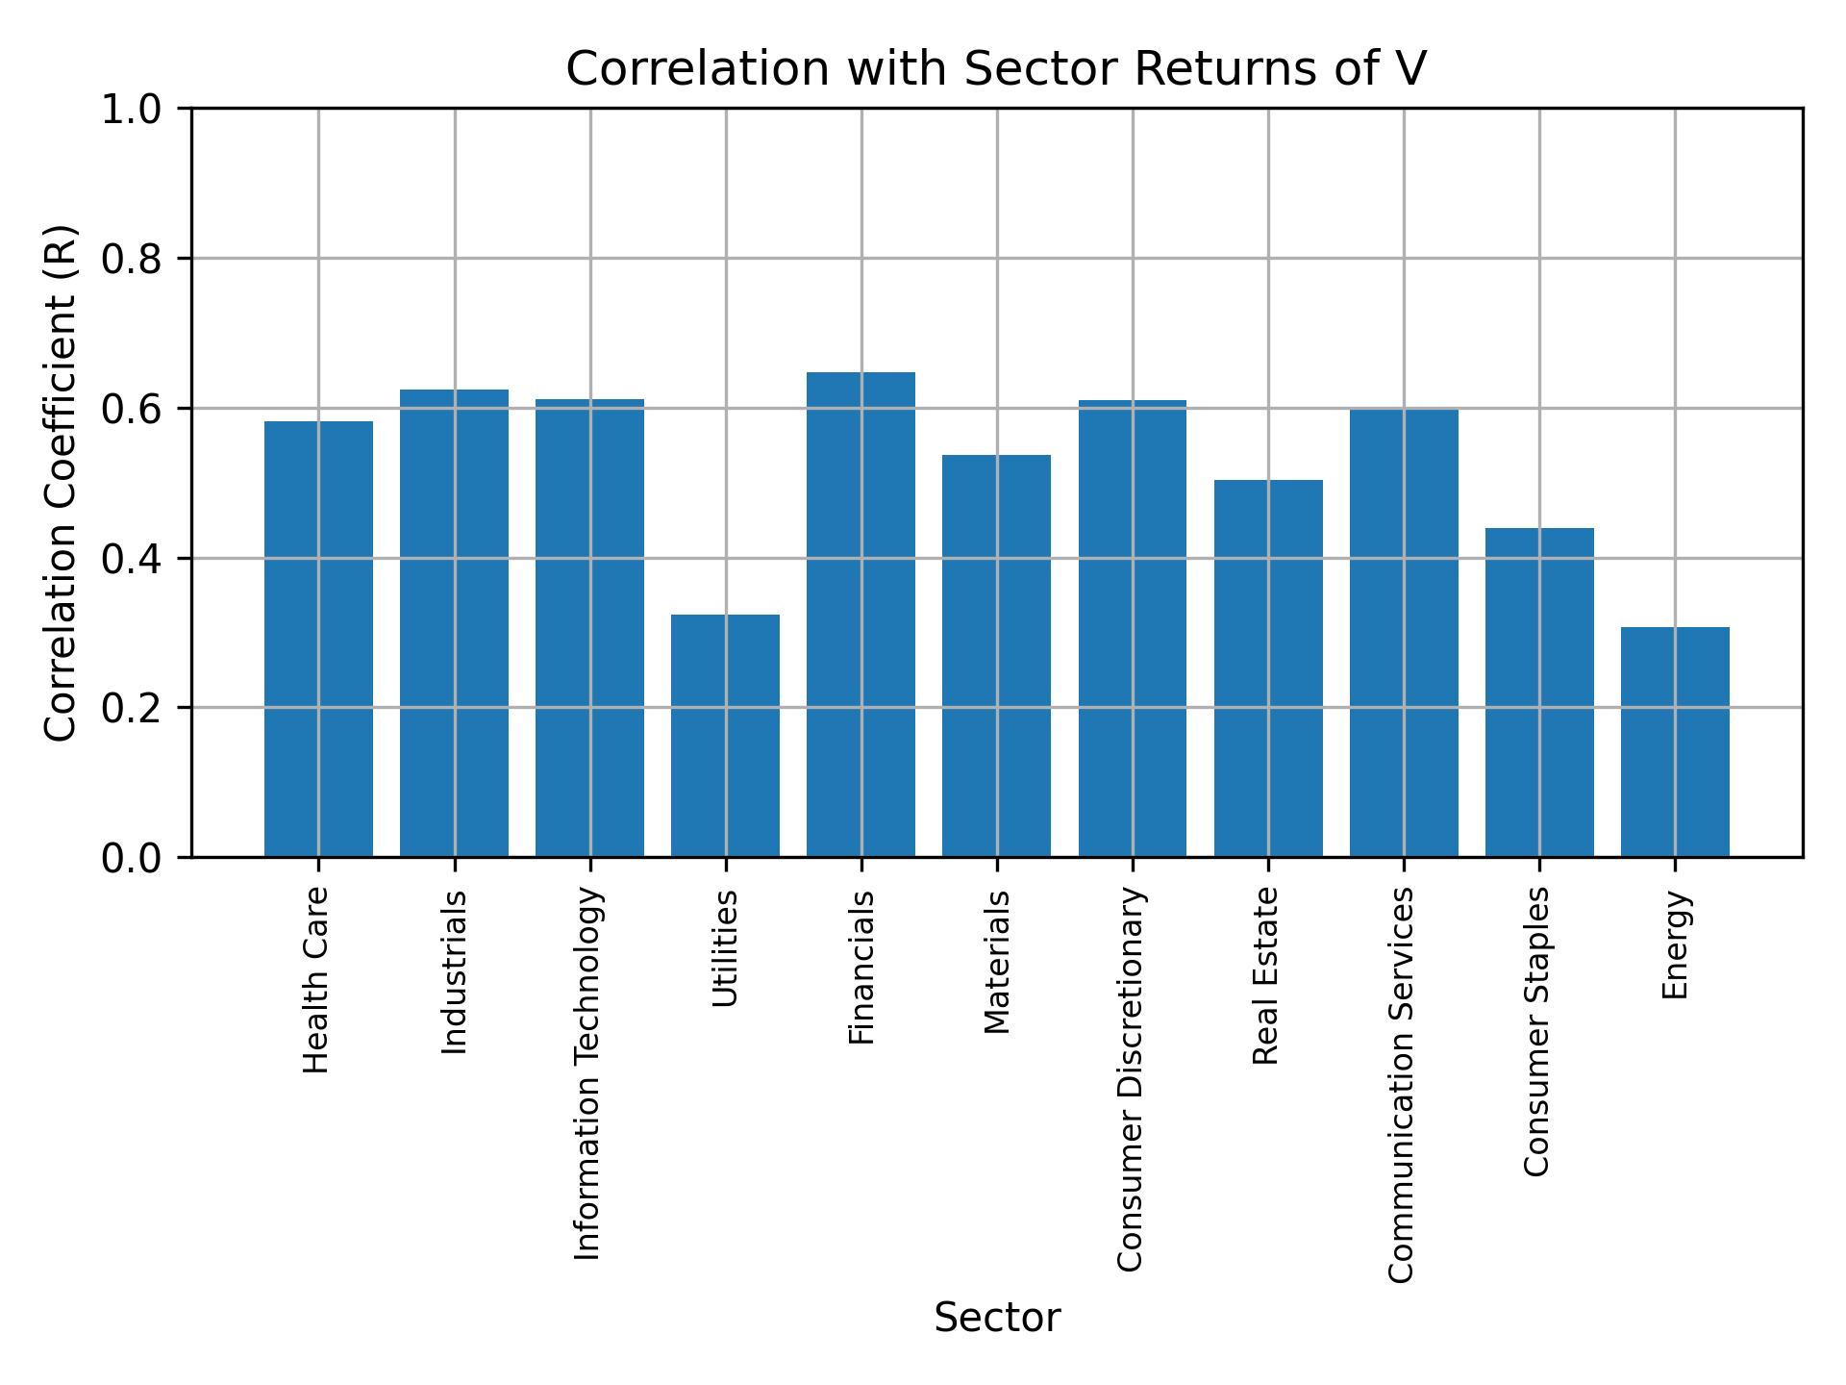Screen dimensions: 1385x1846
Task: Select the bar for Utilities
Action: point(725,735)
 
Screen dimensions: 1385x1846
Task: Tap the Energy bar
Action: point(1675,742)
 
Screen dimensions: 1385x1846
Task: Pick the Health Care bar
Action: point(318,639)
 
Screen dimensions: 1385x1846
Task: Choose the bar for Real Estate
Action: point(1268,667)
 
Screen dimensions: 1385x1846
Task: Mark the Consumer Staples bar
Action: point(1539,692)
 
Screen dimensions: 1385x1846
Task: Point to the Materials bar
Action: point(996,655)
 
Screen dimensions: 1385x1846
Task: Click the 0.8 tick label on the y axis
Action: point(132,259)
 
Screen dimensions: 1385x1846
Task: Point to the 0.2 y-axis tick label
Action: point(132,708)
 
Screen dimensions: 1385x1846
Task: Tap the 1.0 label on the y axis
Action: point(132,109)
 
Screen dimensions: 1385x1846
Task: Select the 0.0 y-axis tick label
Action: point(132,857)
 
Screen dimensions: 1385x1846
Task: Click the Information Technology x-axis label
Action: point(588,1073)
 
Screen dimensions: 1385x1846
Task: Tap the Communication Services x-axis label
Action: point(1402,1085)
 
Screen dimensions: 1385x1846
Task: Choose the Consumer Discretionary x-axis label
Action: point(1131,1079)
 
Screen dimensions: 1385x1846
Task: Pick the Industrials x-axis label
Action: point(454,972)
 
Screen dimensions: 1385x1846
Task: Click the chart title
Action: point(996,69)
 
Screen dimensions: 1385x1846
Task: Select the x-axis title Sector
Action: point(997,1318)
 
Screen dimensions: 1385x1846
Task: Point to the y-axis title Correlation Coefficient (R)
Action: point(61,483)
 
